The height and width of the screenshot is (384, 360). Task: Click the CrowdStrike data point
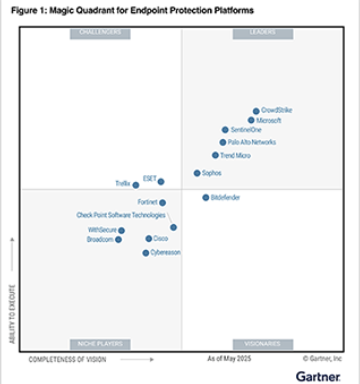pos(256,111)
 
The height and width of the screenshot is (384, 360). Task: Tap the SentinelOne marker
pos(225,130)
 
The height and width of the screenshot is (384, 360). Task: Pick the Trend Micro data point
pos(215,155)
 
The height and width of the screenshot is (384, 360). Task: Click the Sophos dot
pos(197,173)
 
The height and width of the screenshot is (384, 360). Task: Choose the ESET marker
pos(161,181)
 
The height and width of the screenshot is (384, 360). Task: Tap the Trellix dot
pos(136,184)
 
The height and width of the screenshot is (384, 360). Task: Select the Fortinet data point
pos(163,203)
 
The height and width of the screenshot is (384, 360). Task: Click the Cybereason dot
pos(146,253)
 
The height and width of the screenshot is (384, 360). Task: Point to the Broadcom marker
pos(119,240)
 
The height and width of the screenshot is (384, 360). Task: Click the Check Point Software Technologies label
pos(121,215)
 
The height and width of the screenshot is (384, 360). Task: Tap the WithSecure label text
pos(102,230)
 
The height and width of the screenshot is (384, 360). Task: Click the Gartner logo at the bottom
pos(319,374)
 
